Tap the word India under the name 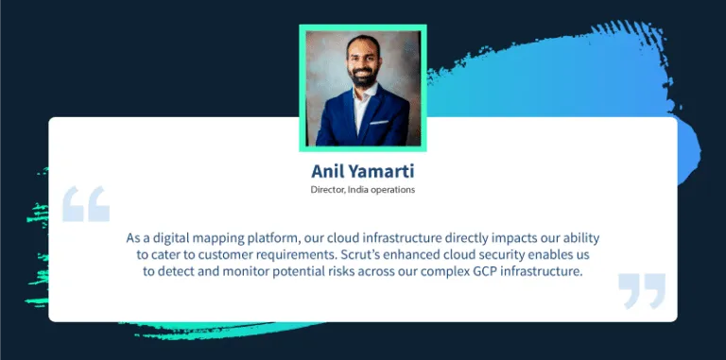tap(365, 190)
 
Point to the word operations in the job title tap(397, 190)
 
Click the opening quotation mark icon tap(85, 204)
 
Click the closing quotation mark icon tap(641, 291)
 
